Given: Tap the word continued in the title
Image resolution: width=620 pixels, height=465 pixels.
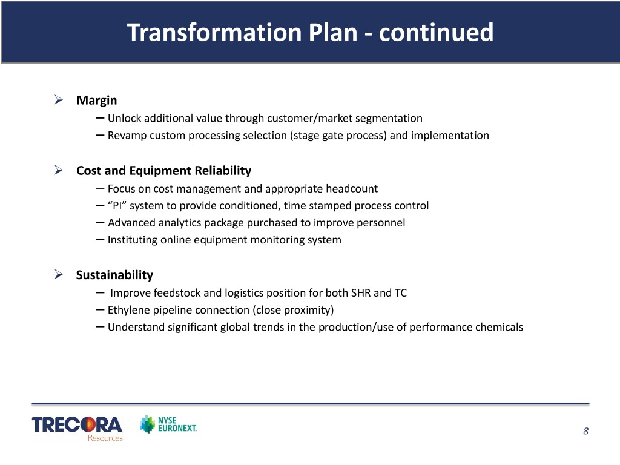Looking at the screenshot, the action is (x=436, y=32).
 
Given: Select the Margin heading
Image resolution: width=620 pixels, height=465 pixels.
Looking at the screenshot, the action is (x=97, y=101).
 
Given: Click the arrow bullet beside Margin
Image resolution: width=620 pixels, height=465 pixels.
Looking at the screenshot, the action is (x=59, y=100).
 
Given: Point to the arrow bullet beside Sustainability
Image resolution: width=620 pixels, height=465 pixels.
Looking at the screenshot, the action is (x=59, y=274).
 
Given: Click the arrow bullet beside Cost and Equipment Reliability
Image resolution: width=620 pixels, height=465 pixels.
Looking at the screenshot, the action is (x=59, y=170).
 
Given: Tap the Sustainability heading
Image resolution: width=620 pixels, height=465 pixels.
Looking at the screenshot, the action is (x=114, y=275).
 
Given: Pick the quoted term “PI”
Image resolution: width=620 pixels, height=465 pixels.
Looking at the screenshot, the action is (x=117, y=206).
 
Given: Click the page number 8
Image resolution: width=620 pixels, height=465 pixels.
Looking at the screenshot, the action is (x=585, y=431).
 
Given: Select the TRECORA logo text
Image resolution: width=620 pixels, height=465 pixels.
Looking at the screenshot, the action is (x=77, y=424).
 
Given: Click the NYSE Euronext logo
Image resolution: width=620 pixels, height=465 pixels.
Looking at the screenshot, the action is (x=169, y=424).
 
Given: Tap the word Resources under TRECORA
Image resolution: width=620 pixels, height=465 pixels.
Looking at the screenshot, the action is (x=105, y=438).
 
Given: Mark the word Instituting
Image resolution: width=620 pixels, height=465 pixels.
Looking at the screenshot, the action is (x=133, y=240).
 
